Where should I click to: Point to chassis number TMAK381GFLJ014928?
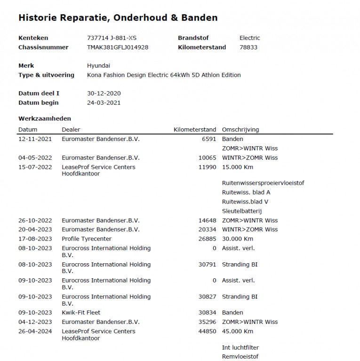pyautogui.click(x=118, y=47)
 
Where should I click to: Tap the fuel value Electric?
pyautogui.click(x=249, y=38)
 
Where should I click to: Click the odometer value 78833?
pyautogui.click(x=248, y=47)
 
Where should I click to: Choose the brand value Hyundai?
pyautogui.click(x=98, y=66)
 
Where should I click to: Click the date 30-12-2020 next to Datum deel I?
pyautogui.click(x=104, y=94)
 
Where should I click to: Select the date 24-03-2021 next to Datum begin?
pyautogui.click(x=104, y=103)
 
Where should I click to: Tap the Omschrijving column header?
pyautogui.click(x=240, y=130)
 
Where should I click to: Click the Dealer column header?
pyautogui.click(x=71, y=130)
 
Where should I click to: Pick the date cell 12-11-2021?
pyautogui.click(x=35, y=139)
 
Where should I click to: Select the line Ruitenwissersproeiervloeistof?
pyautogui.click(x=263, y=183)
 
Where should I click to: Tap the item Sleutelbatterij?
pyautogui.click(x=242, y=211)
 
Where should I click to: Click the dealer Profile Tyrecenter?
pyautogui.click(x=87, y=239)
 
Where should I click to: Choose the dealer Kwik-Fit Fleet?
pyautogui.click(x=81, y=313)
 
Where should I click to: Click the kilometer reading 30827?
pyautogui.click(x=207, y=297)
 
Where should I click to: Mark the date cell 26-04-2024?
pyautogui.click(x=35, y=331)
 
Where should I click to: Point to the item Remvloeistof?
pyautogui.click(x=240, y=357)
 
